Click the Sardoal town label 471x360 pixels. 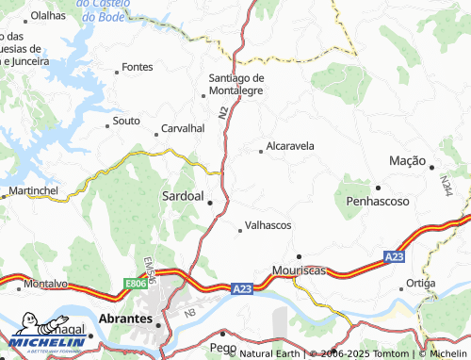point(182,197)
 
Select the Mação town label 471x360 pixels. point(408,161)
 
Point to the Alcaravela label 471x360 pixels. point(290,147)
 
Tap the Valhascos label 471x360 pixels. point(268,226)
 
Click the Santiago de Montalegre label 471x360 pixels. point(235,84)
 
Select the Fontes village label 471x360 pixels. point(138,67)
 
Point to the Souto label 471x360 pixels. point(126,121)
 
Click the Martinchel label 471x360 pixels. point(33,191)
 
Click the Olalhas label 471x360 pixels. point(48,16)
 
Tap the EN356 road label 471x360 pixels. point(149,251)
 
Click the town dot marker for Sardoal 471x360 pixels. point(210,201)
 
